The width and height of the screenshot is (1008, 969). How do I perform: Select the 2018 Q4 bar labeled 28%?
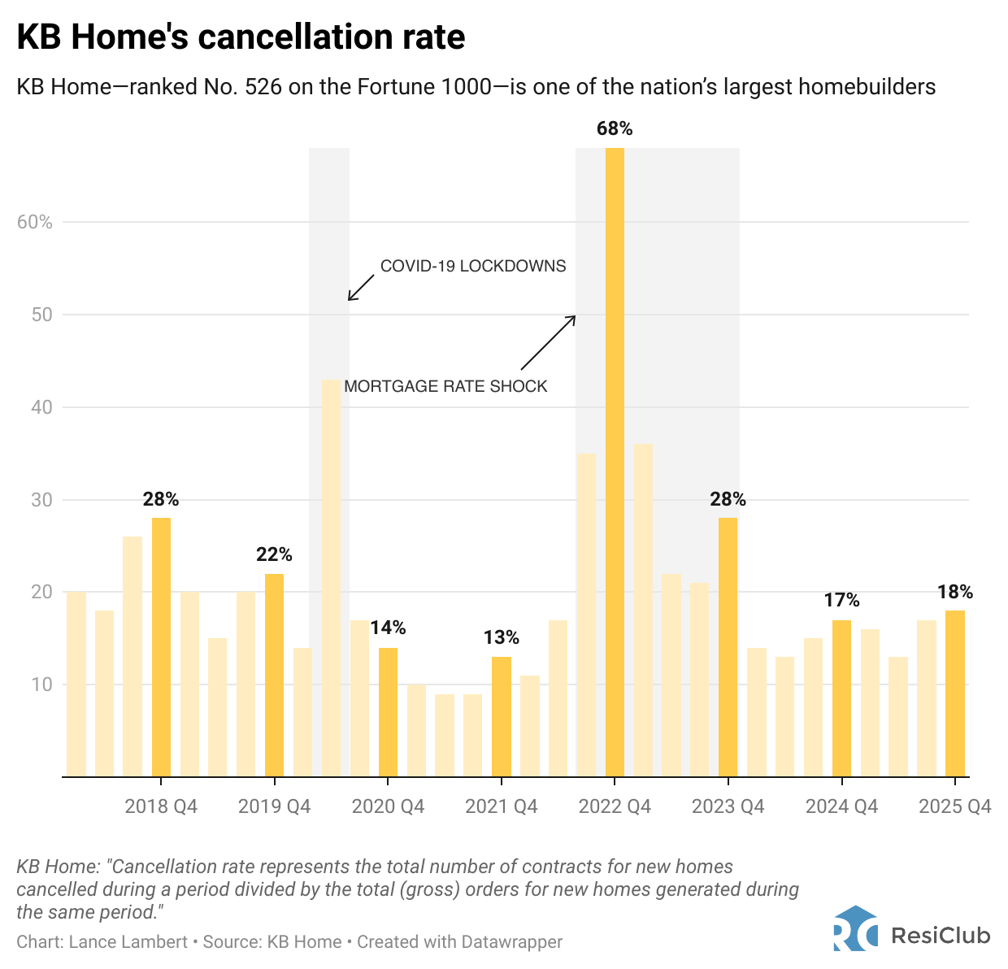click(161, 646)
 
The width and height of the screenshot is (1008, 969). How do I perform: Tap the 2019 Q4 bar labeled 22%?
click(275, 675)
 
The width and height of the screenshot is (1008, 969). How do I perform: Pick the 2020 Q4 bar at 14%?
click(388, 711)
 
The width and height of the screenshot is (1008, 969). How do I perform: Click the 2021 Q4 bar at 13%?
click(502, 716)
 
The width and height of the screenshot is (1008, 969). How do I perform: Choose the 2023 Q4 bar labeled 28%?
click(728, 646)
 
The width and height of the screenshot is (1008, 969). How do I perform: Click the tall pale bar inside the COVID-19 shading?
click(331, 577)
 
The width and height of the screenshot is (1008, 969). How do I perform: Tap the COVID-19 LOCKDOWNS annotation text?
click(473, 266)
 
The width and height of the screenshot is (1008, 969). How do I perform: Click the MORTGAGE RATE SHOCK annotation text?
click(445, 386)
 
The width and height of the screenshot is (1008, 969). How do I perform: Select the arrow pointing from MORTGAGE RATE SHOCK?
click(548, 342)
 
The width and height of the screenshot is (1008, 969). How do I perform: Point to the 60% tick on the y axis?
click(35, 222)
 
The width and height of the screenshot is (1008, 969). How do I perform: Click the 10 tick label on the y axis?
click(41, 684)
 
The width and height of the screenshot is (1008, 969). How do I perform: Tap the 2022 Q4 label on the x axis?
click(615, 806)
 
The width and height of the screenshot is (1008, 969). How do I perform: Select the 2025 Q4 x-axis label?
click(955, 806)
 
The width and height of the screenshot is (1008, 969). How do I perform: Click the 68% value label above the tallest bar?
click(615, 128)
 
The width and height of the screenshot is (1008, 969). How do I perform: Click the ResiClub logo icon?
click(855, 928)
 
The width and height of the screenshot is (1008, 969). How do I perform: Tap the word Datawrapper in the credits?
click(511, 942)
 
